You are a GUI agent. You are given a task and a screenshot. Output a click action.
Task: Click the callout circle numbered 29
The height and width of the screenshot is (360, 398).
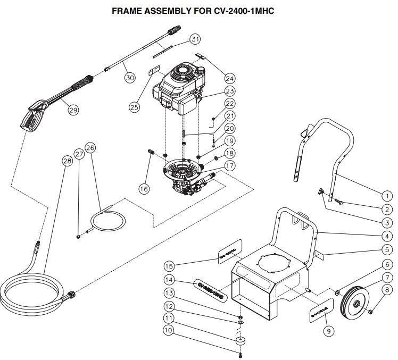pyautogui.click(x=73, y=110)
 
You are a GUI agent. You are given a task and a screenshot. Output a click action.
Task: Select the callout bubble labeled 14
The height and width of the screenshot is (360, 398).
pyautogui.click(x=169, y=279)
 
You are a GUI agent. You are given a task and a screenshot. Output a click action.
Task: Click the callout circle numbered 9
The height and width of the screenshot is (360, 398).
pyautogui.click(x=328, y=331)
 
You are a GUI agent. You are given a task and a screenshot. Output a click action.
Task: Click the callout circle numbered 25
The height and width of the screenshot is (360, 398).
pyautogui.click(x=135, y=106)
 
